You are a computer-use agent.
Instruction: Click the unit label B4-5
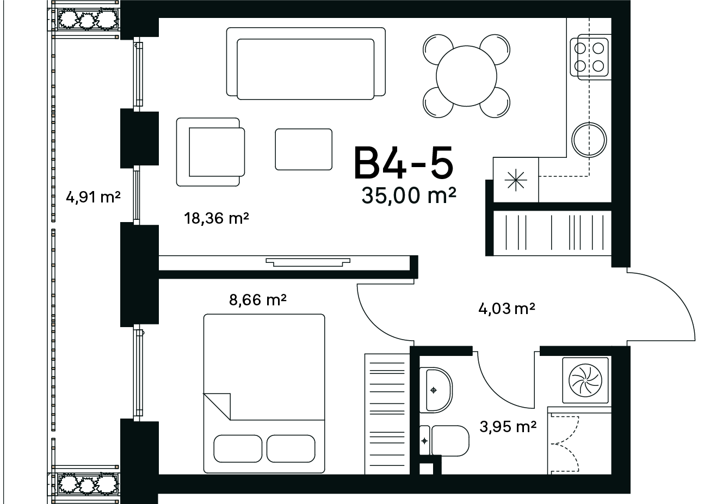click(x=404, y=162)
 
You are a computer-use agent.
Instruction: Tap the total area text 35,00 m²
click(x=409, y=195)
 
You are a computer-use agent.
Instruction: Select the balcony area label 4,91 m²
click(x=93, y=197)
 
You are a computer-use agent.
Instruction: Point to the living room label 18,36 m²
click(x=217, y=218)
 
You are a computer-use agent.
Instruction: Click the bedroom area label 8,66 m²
click(x=258, y=300)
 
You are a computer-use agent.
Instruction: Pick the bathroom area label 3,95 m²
click(x=508, y=427)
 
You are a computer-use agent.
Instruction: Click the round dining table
click(x=466, y=76)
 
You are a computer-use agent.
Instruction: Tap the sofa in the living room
click(x=306, y=64)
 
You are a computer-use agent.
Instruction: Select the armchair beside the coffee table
click(x=211, y=152)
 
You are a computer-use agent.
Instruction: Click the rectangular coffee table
click(x=304, y=149)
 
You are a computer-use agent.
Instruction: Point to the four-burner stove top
click(x=590, y=57)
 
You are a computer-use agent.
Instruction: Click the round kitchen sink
click(x=589, y=140)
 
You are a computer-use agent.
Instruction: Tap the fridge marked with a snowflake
click(x=516, y=180)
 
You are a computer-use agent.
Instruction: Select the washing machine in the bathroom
click(x=585, y=380)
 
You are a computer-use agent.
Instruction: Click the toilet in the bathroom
click(x=444, y=441)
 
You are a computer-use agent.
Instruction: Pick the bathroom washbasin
click(x=436, y=390)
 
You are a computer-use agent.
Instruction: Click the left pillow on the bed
click(x=238, y=449)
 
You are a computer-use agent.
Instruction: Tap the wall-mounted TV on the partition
click(x=308, y=262)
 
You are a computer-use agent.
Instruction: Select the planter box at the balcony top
click(x=86, y=20)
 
